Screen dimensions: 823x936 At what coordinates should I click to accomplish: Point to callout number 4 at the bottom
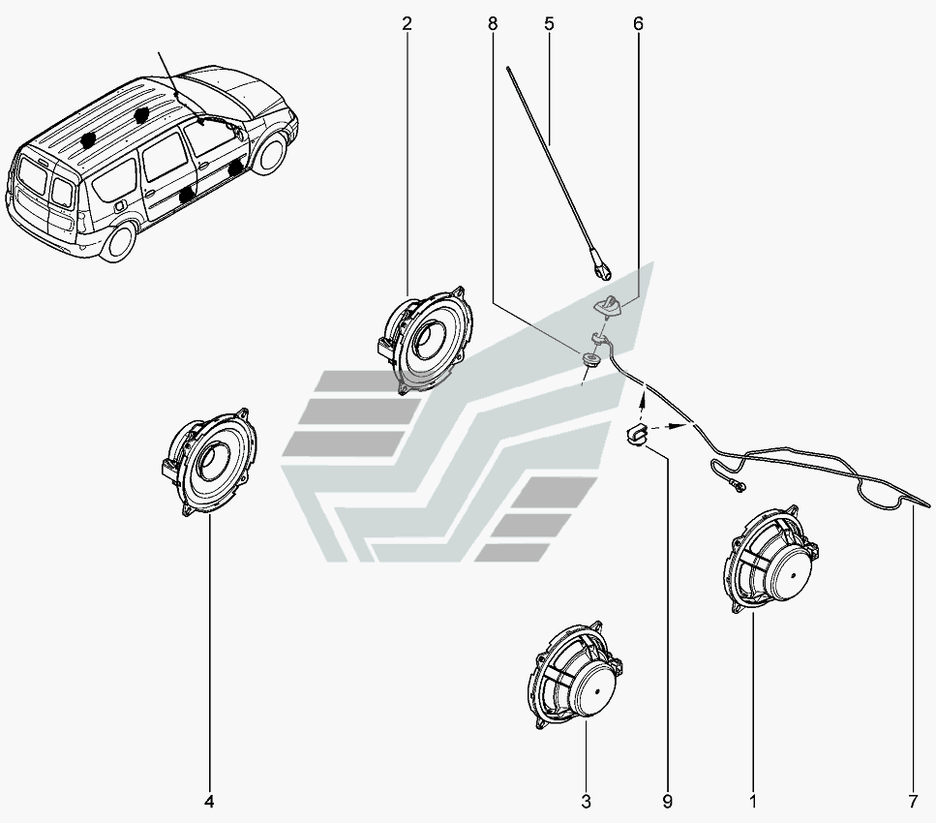(209, 802)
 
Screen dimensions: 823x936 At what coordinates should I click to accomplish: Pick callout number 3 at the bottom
(586, 802)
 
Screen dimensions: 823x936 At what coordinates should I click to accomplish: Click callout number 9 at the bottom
(668, 802)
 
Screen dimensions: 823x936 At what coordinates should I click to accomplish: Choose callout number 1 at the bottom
(753, 802)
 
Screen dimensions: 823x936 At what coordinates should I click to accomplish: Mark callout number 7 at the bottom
(913, 802)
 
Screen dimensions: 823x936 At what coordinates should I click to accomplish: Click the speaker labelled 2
(426, 339)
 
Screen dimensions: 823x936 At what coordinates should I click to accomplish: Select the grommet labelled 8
(589, 361)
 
